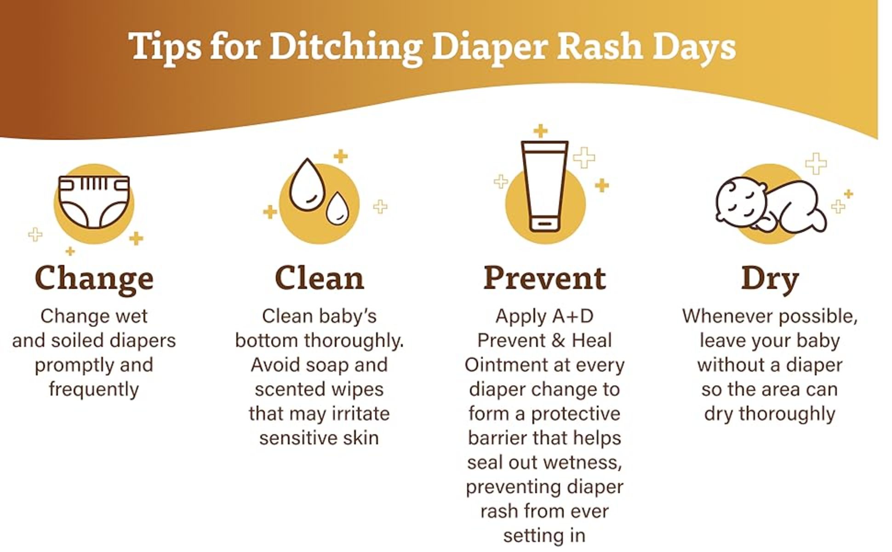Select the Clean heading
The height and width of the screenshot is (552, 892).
click(319, 278)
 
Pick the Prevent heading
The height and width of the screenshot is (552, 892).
click(544, 278)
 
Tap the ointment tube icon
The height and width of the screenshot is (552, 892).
click(544, 186)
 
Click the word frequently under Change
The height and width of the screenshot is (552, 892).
click(94, 390)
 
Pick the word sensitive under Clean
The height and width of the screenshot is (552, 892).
click(292, 438)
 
